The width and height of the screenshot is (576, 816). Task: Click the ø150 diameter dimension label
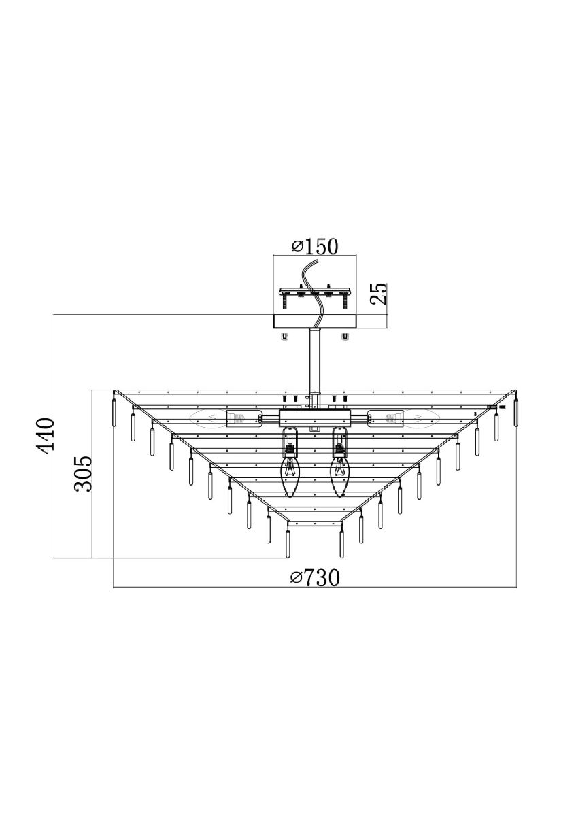(x=315, y=247)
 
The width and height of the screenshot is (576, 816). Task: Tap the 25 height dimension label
(x=379, y=294)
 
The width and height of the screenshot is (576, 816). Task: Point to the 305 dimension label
(x=83, y=474)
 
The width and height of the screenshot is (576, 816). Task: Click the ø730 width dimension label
(x=316, y=578)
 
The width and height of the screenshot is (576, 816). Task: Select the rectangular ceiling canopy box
(x=315, y=322)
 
